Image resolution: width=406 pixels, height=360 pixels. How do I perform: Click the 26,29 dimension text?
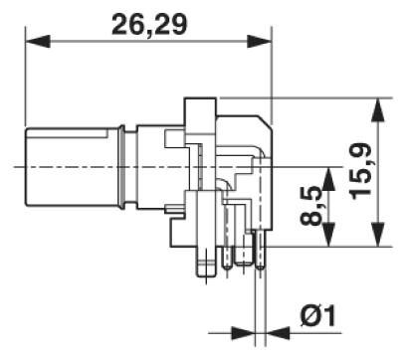(149, 25)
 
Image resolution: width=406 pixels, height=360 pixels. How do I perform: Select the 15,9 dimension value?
(361, 171)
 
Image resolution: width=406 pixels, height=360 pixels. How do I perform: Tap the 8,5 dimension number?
(312, 206)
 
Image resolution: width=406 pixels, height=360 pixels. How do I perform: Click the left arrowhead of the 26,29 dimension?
(38, 42)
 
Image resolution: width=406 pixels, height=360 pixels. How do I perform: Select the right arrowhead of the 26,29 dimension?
(260, 42)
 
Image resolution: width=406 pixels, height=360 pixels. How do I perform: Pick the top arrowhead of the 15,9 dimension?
(378, 110)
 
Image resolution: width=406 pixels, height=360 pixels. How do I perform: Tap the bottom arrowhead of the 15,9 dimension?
(378, 235)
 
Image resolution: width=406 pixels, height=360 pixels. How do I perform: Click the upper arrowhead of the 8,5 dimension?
(328, 179)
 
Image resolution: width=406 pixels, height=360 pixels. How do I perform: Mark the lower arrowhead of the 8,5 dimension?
(328, 235)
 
